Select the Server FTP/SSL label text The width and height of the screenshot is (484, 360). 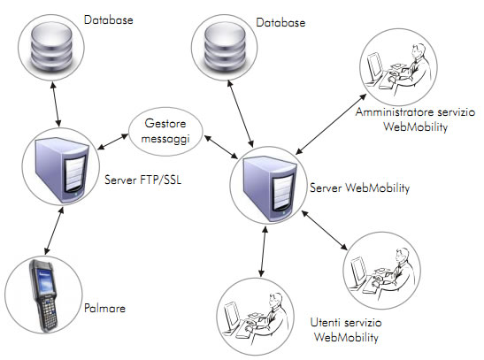(x=143, y=180)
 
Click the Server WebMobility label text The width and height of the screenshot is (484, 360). (x=359, y=188)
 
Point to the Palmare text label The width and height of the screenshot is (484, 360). (x=104, y=308)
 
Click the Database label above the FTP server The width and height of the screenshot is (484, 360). (x=108, y=20)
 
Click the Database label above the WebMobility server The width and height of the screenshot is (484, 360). (x=280, y=22)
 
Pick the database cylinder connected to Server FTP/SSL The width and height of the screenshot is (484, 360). (x=51, y=46)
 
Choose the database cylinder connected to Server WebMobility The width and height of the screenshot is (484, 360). (x=225, y=47)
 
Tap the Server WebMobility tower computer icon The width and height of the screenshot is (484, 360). (x=269, y=188)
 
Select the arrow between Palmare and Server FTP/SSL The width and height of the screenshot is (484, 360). (x=54, y=231)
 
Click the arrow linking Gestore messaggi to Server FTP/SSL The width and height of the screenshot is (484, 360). (x=113, y=142)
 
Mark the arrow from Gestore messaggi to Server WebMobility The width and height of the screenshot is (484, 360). (x=221, y=147)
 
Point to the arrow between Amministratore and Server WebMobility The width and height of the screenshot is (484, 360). (x=331, y=124)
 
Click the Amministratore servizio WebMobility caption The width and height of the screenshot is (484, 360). (x=415, y=119)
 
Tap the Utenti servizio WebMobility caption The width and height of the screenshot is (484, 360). (x=346, y=330)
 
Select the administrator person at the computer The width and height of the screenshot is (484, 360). (x=398, y=68)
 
